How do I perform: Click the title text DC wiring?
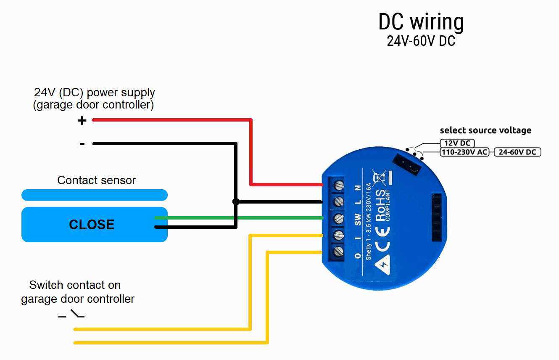(x=421, y=22)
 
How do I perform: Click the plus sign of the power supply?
(x=82, y=121)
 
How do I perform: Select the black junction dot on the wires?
(x=236, y=202)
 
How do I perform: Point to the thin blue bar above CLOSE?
(x=94, y=195)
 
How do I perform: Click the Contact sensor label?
(x=96, y=180)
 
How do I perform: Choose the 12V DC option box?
(x=457, y=143)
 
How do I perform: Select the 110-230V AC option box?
(x=464, y=152)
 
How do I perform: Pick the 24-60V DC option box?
(x=517, y=152)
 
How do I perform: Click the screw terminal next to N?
(x=338, y=185)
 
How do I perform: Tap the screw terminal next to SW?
(x=338, y=218)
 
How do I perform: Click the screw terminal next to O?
(x=338, y=252)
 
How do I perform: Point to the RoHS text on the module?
(x=380, y=206)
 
